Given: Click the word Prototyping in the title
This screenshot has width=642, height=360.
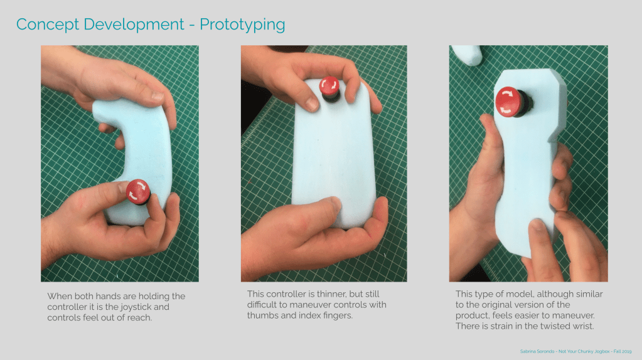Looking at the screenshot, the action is (x=242, y=25).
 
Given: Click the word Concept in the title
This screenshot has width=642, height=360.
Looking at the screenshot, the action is (x=48, y=25).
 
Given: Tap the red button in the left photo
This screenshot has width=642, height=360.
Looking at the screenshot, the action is (x=138, y=192).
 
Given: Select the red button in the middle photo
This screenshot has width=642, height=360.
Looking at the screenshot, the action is (x=329, y=88).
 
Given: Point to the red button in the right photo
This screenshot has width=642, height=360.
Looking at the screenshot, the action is (x=511, y=102).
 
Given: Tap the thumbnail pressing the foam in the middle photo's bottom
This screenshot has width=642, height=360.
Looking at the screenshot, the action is (x=335, y=203).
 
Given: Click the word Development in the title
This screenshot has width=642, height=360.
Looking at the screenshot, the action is (x=134, y=25).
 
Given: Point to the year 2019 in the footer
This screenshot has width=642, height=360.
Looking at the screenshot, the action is (x=626, y=351).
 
